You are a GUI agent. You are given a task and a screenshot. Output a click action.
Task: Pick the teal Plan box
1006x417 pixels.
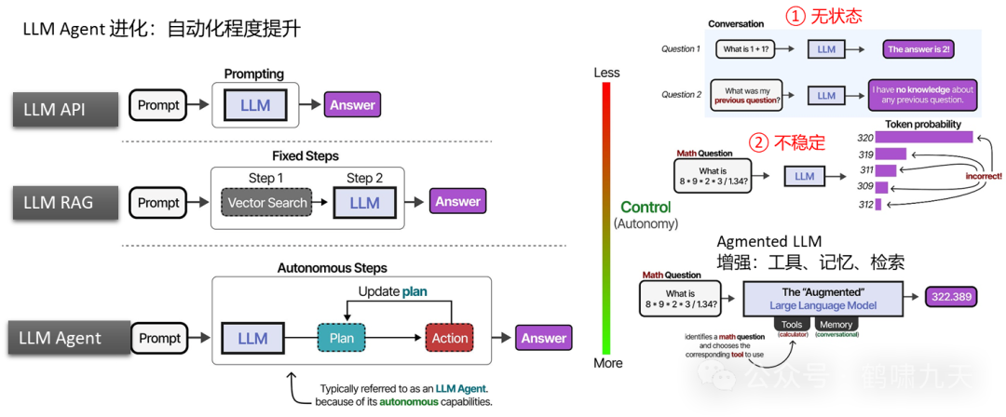342,338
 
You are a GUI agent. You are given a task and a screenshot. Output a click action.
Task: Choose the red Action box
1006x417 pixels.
449,338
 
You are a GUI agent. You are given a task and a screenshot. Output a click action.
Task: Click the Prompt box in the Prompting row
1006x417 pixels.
158,105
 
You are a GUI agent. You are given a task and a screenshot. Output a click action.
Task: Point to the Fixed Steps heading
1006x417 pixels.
306,155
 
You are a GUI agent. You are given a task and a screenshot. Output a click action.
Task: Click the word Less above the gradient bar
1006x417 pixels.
606,73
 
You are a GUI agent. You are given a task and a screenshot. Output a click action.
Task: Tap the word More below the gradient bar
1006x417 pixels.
607,363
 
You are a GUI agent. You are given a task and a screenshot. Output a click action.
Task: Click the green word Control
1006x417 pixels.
646,207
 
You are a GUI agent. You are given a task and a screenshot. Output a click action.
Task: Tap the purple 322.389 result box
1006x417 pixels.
955,297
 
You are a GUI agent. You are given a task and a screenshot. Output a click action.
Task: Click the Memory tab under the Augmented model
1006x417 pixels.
836,325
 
